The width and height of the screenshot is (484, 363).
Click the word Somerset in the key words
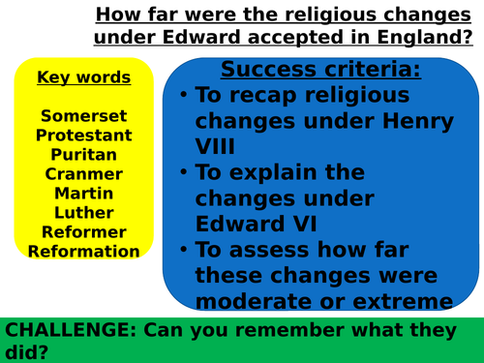83,115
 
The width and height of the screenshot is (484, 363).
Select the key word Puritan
83,154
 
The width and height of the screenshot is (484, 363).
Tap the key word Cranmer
83,173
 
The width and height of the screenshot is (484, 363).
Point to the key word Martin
83,193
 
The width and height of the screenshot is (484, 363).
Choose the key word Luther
83,212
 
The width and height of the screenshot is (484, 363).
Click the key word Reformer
83,231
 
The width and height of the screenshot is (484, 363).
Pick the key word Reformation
83,251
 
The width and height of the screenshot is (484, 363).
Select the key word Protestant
83,135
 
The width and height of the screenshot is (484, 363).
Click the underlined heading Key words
83,76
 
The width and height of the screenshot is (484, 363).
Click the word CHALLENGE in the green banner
69,329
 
